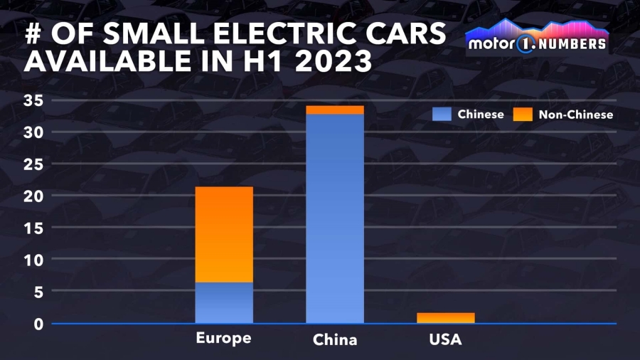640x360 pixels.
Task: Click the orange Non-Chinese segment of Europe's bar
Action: point(224,234)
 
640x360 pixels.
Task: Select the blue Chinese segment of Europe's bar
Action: point(224,302)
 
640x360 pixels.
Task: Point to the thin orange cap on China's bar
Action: point(335,110)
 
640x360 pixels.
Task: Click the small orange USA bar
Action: point(446,317)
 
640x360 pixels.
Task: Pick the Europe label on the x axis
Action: point(224,338)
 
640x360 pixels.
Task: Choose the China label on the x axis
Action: point(335,340)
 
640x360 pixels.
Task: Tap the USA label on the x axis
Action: point(446,339)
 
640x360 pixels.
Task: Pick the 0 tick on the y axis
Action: point(39,324)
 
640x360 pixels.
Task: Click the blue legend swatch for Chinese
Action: point(442,114)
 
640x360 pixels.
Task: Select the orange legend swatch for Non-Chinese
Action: point(522,114)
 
